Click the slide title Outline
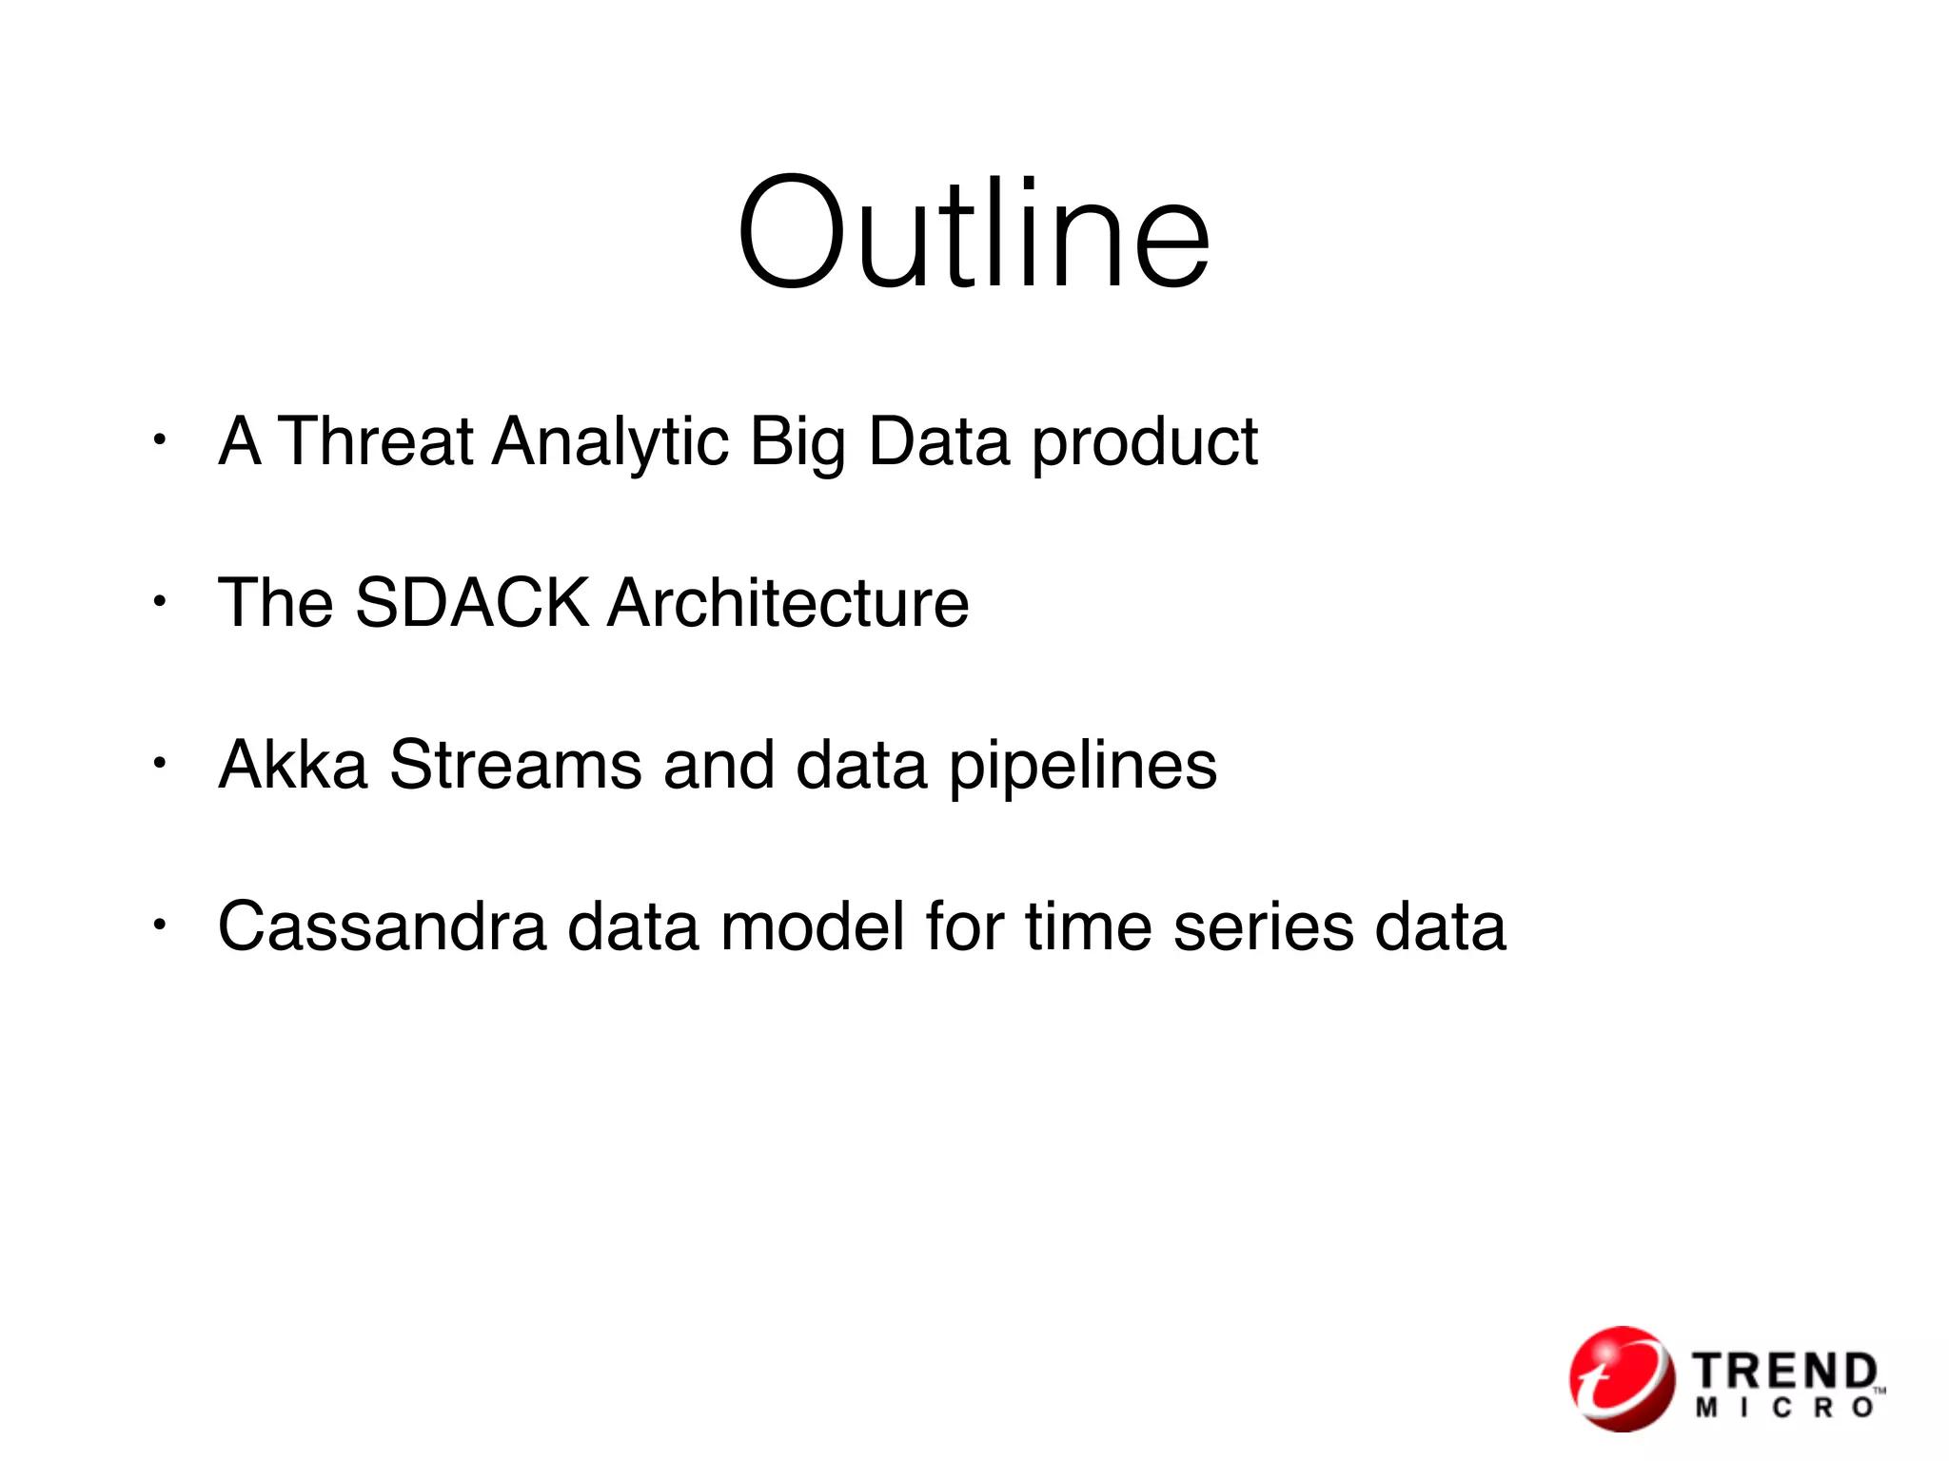click(x=974, y=233)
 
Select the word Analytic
click(x=610, y=443)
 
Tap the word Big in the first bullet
click(x=797, y=443)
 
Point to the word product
click(x=1145, y=443)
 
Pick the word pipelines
click(x=1083, y=767)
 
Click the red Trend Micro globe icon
click(x=1622, y=1378)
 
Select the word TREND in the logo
click(x=1784, y=1371)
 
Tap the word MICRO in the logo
click(x=1784, y=1409)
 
